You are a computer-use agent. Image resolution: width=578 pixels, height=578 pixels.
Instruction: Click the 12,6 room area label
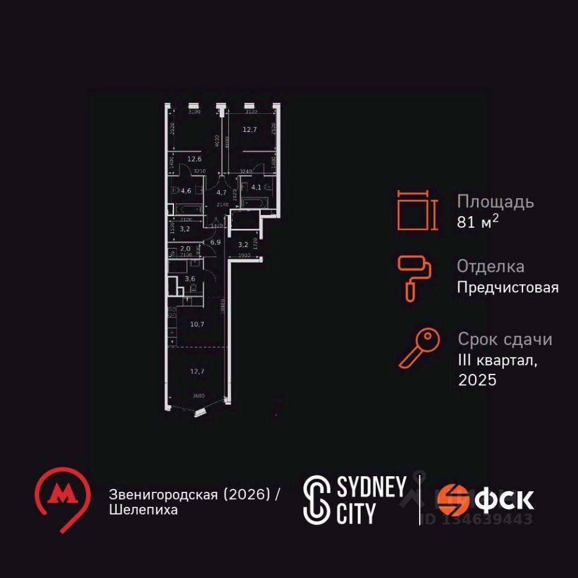(x=194, y=160)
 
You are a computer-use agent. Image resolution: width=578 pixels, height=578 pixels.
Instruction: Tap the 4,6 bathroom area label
(x=186, y=191)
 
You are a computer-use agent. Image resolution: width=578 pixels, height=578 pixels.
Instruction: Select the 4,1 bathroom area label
(x=256, y=187)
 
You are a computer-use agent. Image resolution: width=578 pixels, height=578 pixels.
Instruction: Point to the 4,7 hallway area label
(x=221, y=193)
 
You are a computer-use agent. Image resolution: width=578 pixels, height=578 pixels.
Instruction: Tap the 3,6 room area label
(x=190, y=279)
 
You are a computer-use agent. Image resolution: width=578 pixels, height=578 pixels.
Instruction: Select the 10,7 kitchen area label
(x=197, y=324)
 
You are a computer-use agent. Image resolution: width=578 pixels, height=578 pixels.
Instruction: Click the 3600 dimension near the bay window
(x=198, y=396)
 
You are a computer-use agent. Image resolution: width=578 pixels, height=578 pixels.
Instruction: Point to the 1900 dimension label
(x=244, y=256)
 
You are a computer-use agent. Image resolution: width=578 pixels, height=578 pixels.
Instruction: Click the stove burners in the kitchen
(x=171, y=312)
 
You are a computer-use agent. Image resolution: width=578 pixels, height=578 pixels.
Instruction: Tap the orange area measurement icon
(x=414, y=210)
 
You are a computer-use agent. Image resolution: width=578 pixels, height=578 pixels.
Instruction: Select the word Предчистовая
(x=508, y=287)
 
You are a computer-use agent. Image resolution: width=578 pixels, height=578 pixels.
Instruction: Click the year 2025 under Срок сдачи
(x=477, y=380)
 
